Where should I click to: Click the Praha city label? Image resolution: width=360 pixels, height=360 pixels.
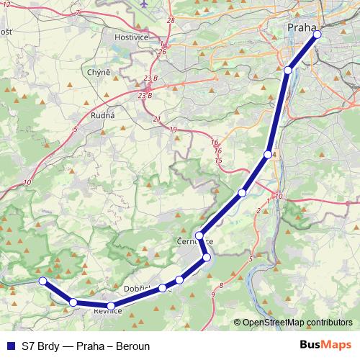click(300, 28)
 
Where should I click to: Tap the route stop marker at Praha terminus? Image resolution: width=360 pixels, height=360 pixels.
click(317, 34)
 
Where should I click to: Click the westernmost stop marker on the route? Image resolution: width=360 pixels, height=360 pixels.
click(42, 280)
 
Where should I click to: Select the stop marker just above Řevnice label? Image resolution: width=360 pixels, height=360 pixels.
click(111, 306)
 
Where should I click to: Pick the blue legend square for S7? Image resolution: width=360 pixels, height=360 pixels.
click(10, 346)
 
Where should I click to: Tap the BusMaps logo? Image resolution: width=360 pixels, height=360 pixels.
click(325, 346)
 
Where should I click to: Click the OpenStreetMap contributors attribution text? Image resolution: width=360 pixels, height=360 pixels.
click(297, 323)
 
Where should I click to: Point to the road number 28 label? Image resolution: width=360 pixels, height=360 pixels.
click(171, 20)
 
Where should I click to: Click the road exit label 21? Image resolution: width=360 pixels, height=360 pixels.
click(157, 119)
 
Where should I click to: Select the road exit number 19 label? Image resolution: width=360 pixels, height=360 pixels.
click(174, 129)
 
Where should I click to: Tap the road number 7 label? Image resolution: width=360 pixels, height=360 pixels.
click(77, 13)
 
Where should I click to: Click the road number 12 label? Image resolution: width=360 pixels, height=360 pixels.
click(6, 4)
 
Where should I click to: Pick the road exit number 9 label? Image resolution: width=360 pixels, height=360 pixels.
click(213, 295)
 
